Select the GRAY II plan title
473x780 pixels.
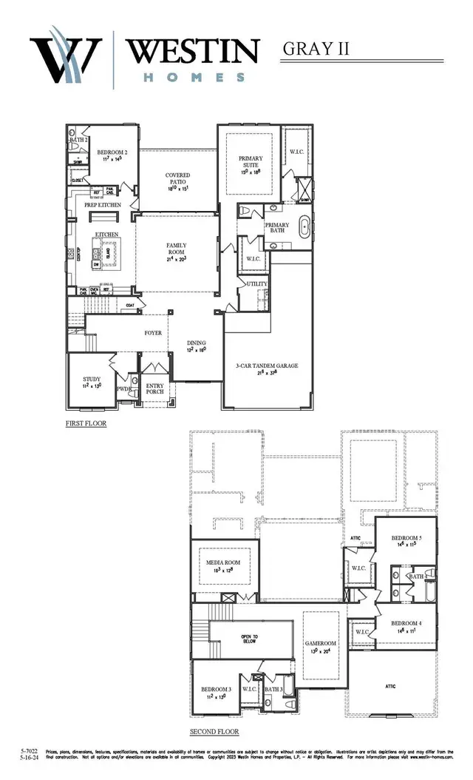(x=316, y=50)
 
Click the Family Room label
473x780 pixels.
(x=176, y=252)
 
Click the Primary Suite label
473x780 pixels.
(x=251, y=163)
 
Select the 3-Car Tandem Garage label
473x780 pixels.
(x=267, y=366)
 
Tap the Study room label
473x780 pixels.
(x=92, y=381)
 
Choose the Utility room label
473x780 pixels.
(x=257, y=284)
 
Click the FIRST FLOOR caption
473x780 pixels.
(x=86, y=423)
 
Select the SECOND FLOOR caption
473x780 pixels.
(x=214, y=731)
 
